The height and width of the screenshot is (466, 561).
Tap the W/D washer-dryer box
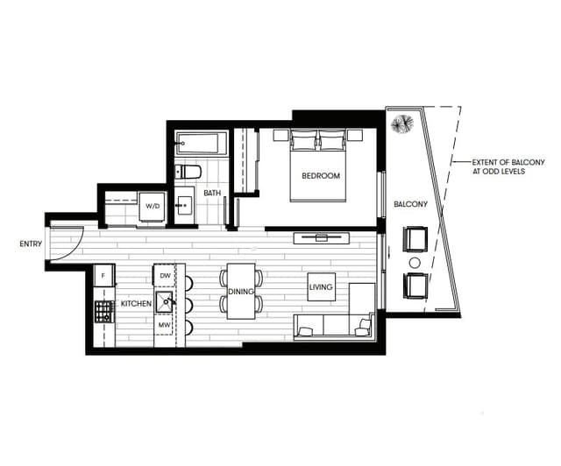tap(153, 207)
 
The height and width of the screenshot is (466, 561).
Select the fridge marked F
tap(103, 276)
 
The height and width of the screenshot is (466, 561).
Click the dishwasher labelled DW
tap(165, 276)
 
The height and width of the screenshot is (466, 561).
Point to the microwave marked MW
tap(164, 325)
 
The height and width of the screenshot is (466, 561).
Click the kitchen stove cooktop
tap(103, 311)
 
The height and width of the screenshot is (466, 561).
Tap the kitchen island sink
tap(165, 300)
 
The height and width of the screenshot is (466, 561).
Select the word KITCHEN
tap(136, 303)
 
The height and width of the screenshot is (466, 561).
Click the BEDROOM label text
tap(320, 176)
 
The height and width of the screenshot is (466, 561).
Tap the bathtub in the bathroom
tap(201, 143)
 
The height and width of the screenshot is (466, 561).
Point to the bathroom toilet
tap(188, 171)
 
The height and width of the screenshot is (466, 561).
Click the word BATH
tap(212, 194)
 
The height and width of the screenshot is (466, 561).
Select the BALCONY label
tap(410, 205)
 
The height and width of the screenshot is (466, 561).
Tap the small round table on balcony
tap(415, 263)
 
